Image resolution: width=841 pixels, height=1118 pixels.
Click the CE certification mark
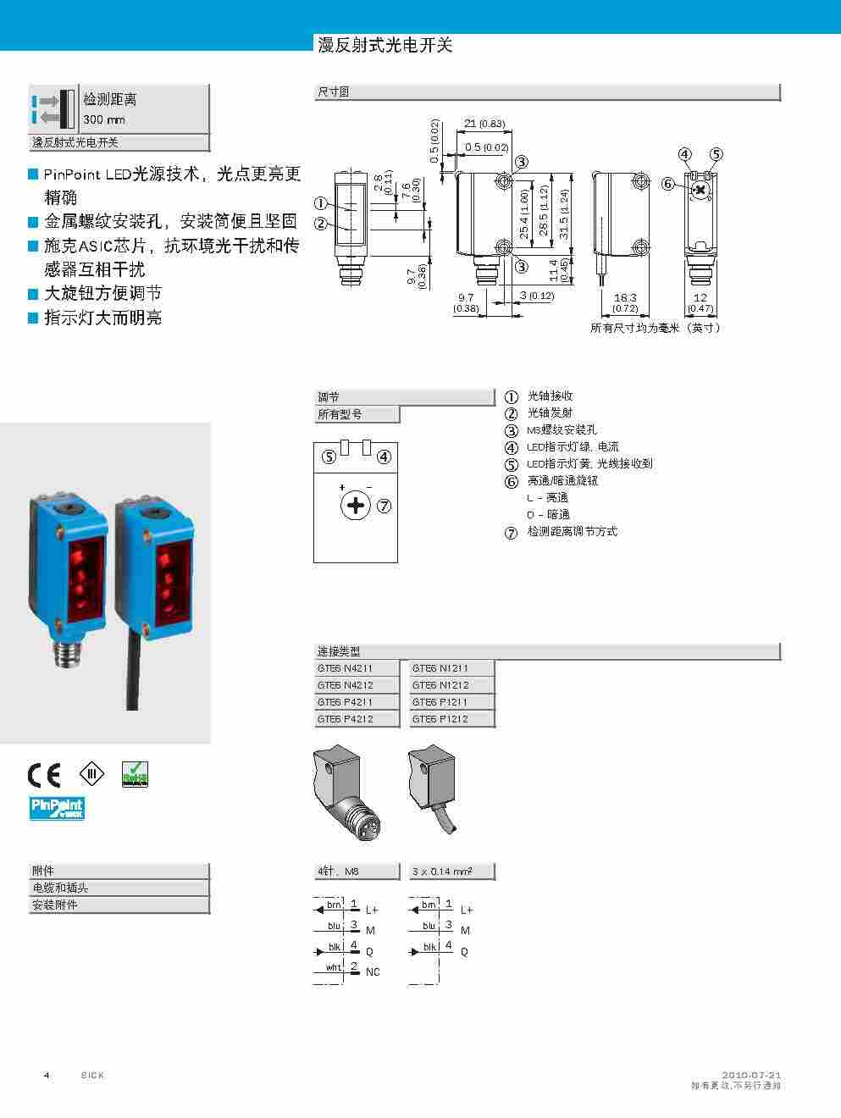pos(43,774)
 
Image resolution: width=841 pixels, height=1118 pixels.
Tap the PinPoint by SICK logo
pos(57,808)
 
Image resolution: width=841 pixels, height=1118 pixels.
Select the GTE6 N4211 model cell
pos(345,668)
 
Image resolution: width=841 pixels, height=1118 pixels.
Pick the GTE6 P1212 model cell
pos(440,719)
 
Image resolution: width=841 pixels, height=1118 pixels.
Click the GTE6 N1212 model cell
pos(440,685)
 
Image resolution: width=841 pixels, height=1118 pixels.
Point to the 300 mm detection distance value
pos(104,120)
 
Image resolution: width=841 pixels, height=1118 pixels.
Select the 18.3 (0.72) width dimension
pos(625,302)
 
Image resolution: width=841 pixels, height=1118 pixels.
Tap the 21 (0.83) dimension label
pos(484,124)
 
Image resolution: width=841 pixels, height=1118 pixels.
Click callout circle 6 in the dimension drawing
pos(667,184)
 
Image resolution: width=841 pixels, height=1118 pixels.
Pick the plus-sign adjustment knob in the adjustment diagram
pos(357,506)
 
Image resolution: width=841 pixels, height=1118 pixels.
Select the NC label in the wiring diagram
pos(373,972)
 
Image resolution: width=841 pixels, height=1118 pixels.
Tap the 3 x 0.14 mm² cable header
pos(441,872)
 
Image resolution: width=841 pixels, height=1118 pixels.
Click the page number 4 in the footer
pos(47,1075)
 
